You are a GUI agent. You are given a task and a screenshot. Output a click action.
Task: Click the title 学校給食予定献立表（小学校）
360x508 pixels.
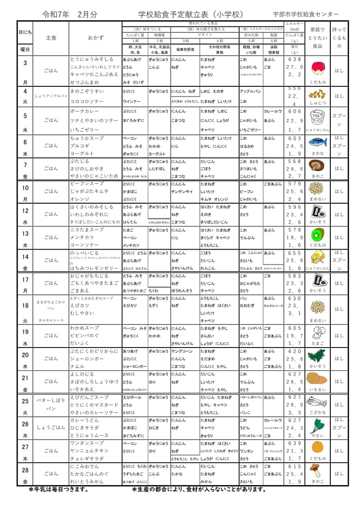click(x=191, y=14)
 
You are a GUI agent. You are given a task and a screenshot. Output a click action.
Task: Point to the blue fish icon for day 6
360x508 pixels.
click(x=318, y=142)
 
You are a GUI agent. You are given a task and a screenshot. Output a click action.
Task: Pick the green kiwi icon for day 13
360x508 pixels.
click(x=318, y=234)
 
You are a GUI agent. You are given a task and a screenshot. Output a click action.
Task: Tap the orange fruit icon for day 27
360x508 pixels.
click(x=318, y=447)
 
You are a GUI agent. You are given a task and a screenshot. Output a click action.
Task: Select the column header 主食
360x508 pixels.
click(x=51, y=38)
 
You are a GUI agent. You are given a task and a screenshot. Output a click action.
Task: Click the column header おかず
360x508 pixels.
click(x=95, y=38)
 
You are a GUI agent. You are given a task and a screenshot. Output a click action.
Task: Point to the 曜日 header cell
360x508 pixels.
click(x=25, y=49)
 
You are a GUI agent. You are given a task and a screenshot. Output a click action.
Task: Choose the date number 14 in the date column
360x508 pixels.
click(x=25, y=257)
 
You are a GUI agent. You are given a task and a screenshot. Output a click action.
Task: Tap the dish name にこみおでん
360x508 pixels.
click(x=82, y=466)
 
